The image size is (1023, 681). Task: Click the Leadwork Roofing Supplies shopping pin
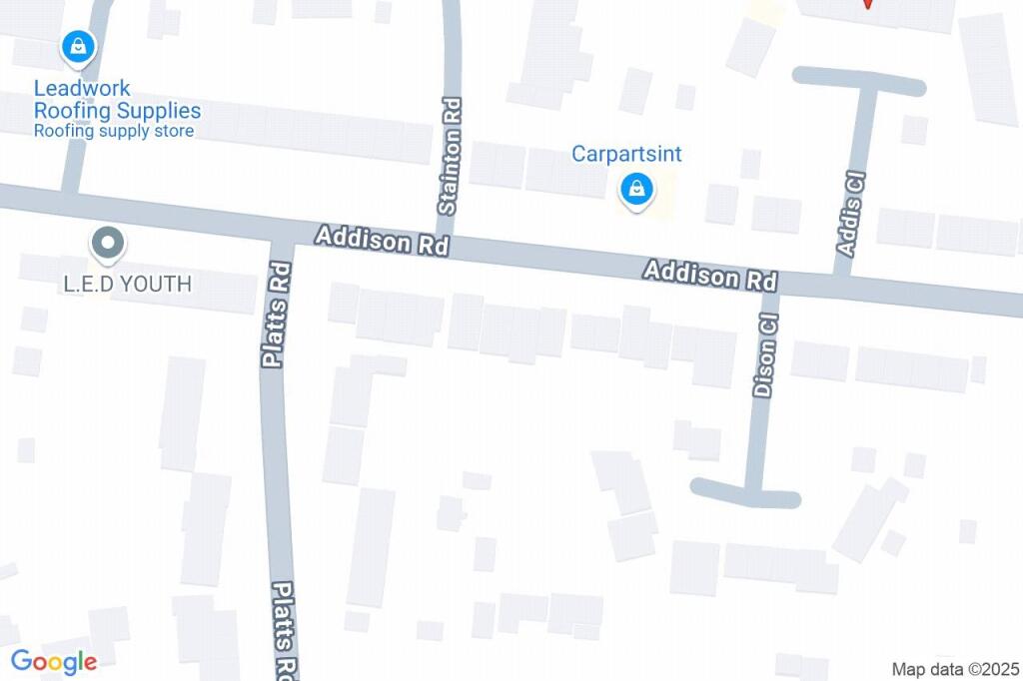(77, 46)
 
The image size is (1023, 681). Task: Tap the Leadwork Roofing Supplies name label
(117, 100)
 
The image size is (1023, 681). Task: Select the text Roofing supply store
(114, 131)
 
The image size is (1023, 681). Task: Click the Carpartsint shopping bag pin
(635, 188)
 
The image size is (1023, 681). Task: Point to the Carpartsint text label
(626, 154)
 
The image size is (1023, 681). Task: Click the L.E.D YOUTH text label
(127, 285)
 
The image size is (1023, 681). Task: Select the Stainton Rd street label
(449, 170)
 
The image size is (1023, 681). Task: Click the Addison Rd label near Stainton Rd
(381, 241)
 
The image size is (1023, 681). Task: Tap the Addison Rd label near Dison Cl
(710, 275)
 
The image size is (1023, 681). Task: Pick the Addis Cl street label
(851, 214)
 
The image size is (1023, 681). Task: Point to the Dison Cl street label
(766, 356)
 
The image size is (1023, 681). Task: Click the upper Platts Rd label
(277, 314)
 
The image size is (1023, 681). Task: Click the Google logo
(54, 661)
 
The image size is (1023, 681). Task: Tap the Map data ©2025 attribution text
(955, 669)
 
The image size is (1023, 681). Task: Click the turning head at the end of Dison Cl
(746, 492)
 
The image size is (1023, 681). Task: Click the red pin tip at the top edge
(867, 5)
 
